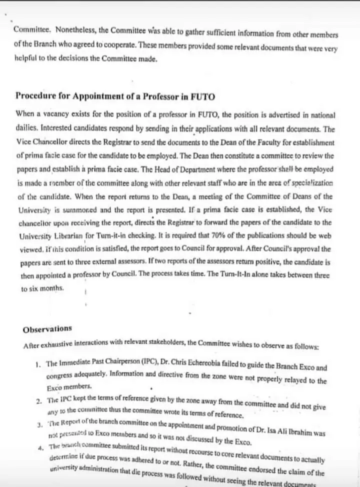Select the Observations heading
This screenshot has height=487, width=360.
pyautogui.click(x=47, y=329)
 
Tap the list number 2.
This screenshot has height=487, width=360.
pyautogui.click(x=38, y=401)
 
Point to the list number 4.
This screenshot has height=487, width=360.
pyautogui.click(x=39, y=446)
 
